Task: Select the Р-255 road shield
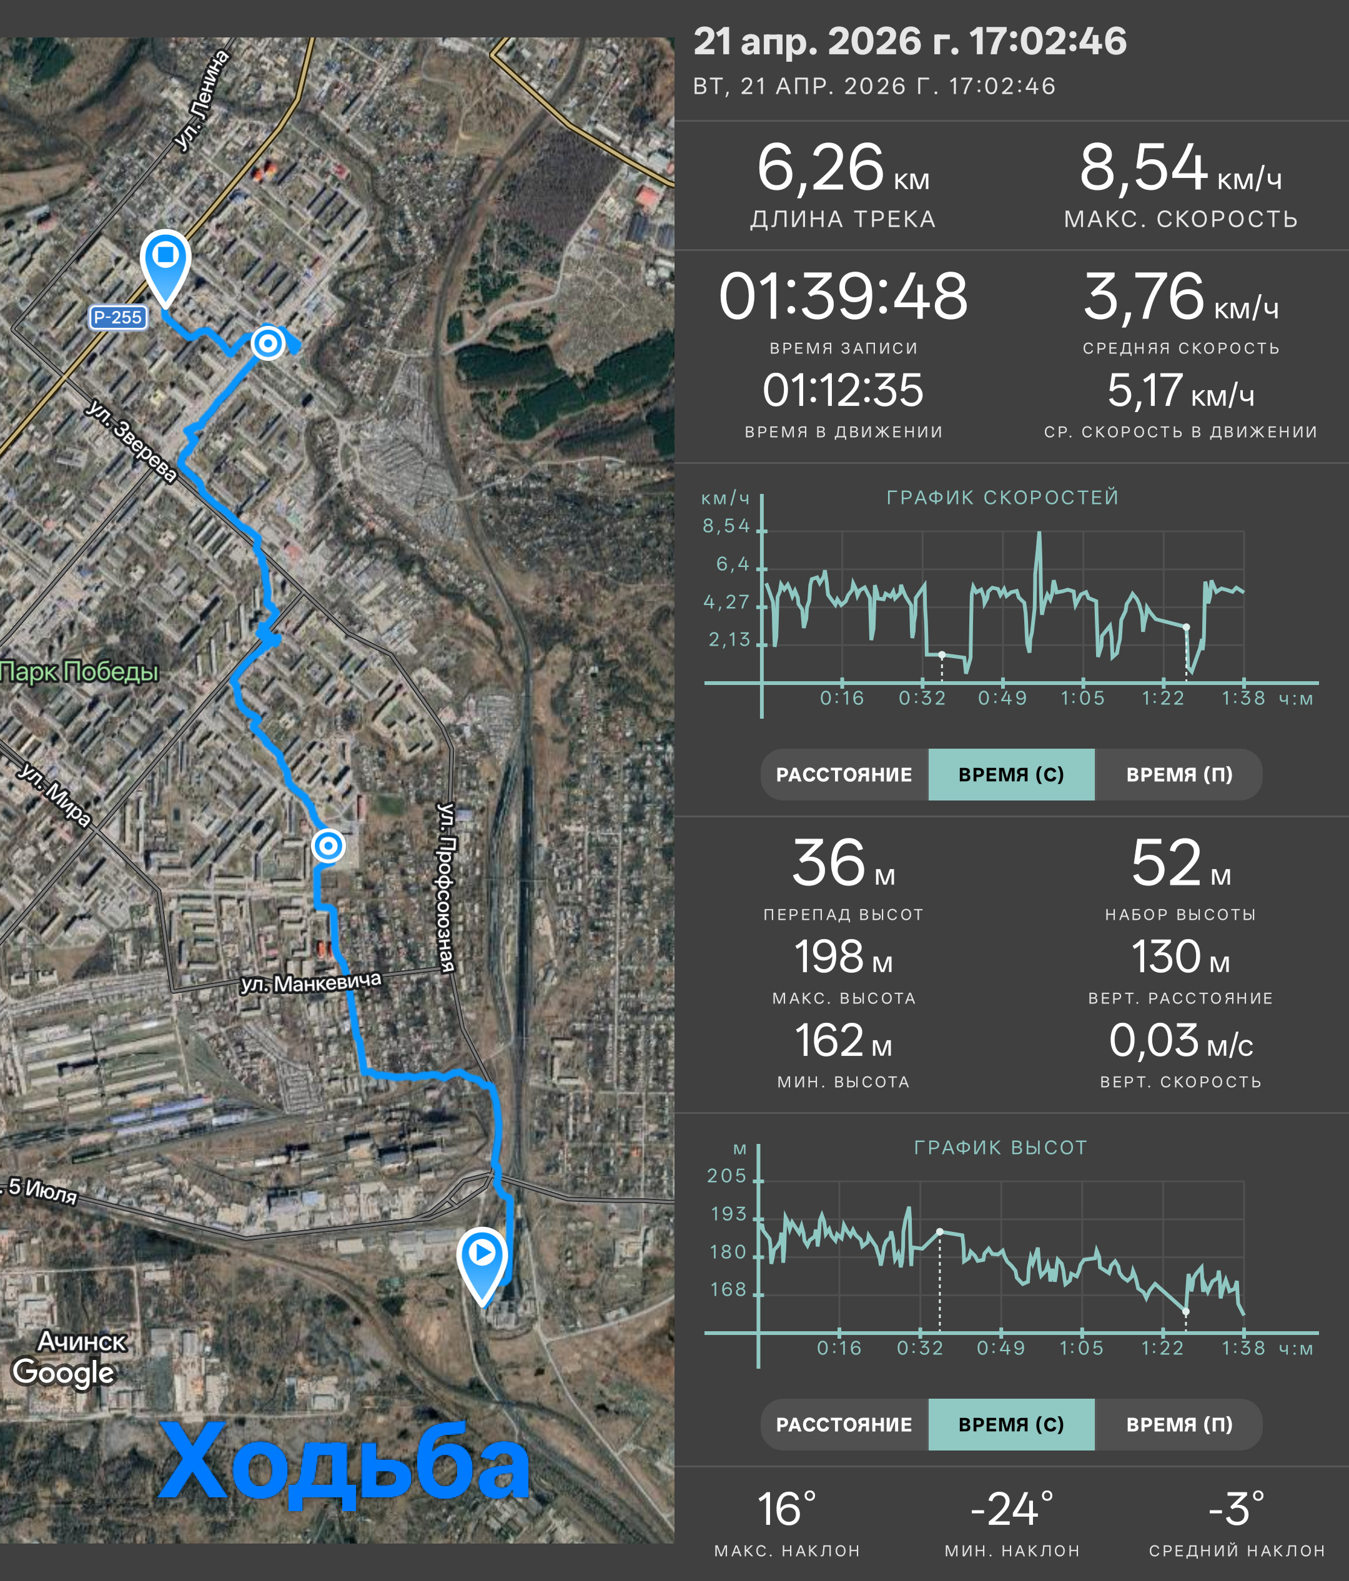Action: click(x=117, y=317)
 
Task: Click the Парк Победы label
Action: click(x=79, y=671)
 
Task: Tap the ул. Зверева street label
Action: click(x=131, y=440)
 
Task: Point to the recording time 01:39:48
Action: click(x=843, y=296)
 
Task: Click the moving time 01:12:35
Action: click(x=843, y=391)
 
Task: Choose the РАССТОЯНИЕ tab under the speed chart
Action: click(x=844, y=774)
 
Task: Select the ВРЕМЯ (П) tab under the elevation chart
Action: click(x=1179, y=1424)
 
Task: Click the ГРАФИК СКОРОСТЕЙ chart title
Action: click(x=1002, y=498)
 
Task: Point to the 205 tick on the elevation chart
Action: click(x=726, y=1176)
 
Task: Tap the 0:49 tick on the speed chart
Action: click(x=1002, y=698)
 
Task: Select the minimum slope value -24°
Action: click(x=1012, y=1509)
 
